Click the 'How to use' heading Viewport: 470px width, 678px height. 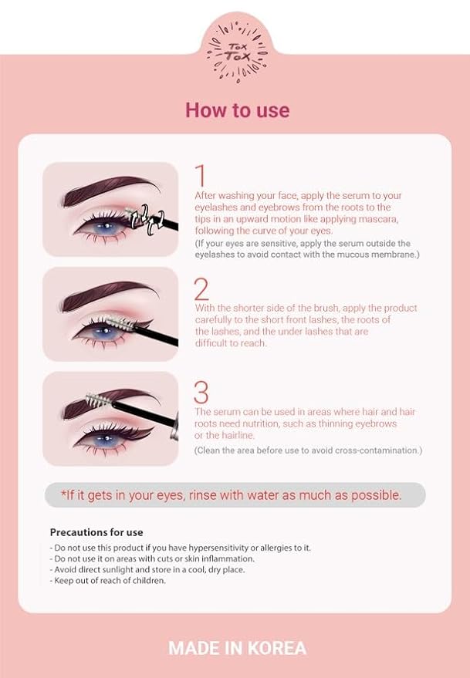tap(237, 110)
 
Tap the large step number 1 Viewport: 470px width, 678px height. tap(200, 176)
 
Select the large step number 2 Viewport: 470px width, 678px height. tap(201, 288)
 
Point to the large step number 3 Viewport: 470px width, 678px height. tap(201, 393)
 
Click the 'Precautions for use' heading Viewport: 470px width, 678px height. tap(96, 532)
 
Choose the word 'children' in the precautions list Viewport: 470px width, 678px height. tap(147, 580)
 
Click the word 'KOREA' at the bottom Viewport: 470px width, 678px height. tap(276, 648)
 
